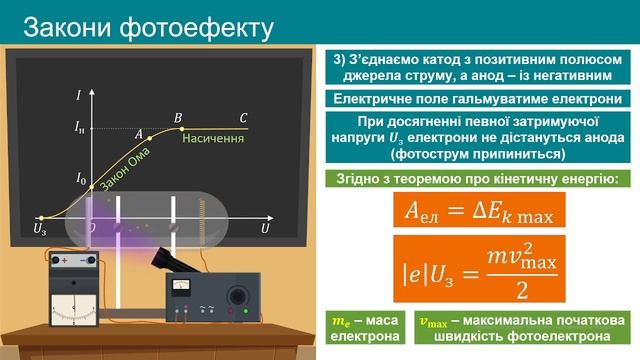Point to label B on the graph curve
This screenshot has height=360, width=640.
click(178, 118)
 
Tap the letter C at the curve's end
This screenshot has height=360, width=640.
click(243, 118)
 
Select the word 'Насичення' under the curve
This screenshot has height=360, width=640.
click(213, 138)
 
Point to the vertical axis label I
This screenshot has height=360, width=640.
click(78, 95)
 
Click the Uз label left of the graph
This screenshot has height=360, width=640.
click(40, 229)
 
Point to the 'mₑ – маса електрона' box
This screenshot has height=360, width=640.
click(363, 327)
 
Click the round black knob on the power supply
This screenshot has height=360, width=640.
click(237, 297)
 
